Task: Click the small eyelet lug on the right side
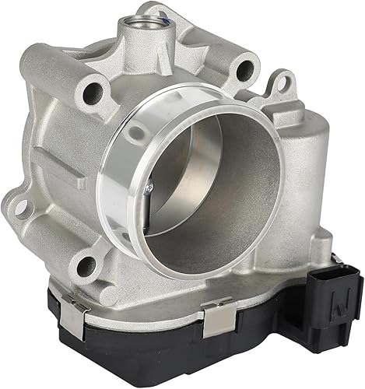click(x=280, y=82)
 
